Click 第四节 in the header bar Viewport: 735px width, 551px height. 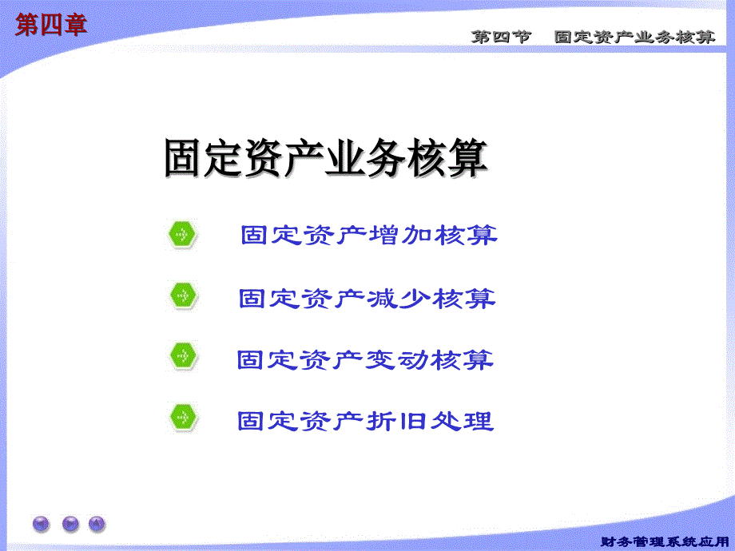[501, 38]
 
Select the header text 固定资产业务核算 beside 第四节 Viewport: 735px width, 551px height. [635, 38]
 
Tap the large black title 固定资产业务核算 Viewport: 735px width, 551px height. [325, 158]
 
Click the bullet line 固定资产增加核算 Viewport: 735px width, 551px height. [369, 236]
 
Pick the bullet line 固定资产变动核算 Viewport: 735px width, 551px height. [366, 359]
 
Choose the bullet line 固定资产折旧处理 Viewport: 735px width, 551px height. [366, 420]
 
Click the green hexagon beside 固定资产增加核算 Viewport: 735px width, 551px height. [182, 235]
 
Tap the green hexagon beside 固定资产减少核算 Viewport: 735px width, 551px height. [182, 295]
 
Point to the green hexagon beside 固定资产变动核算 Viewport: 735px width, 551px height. [182, 356]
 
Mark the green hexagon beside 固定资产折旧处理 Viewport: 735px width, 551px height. [182, 417]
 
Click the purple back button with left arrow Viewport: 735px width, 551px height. [41, 524]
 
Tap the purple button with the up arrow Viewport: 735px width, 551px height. [97, 524]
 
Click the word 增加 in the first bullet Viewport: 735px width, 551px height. [401, 236]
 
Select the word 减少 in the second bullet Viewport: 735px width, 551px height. [399, 299]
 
